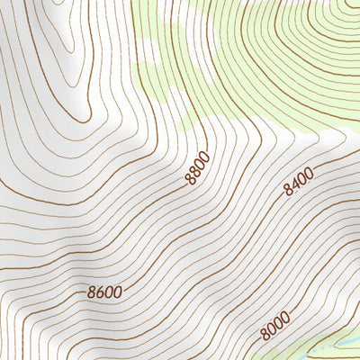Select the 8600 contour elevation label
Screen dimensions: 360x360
coord(105,292)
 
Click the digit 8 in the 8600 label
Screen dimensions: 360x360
coord(93,293)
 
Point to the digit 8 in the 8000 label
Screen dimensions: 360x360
coord(265,335)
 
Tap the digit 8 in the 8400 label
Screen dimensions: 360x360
coord(286,192)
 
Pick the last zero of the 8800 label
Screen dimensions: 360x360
coord(206,157)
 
